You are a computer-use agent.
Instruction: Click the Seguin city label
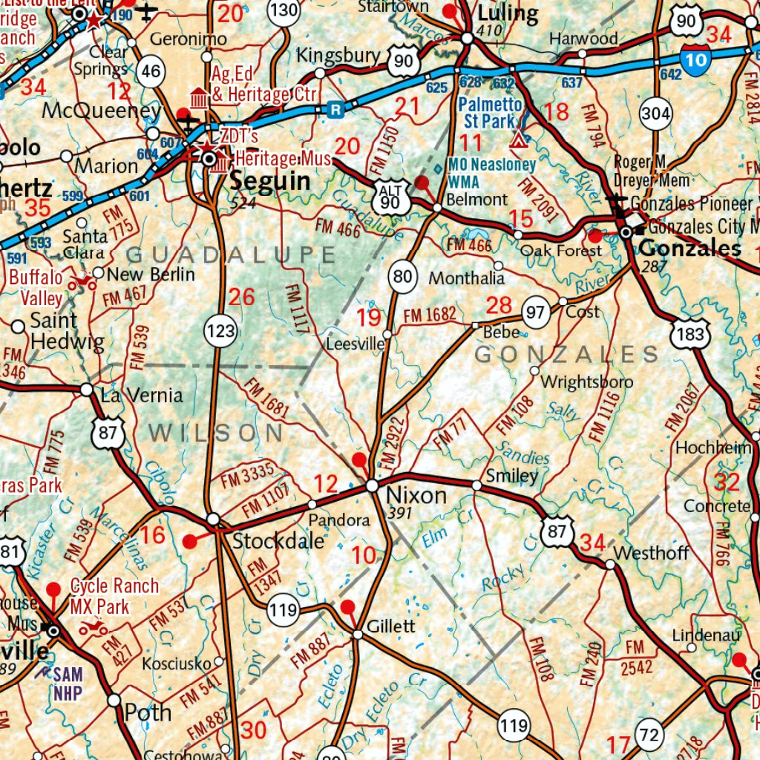click(269, 181)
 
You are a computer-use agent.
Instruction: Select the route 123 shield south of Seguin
click(221, 331)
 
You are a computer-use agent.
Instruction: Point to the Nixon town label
click(416, 495)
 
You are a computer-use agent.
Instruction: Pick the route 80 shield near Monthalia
click(402, 278)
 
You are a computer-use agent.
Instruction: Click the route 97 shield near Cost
click(535, 312)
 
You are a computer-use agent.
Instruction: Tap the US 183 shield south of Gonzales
click(690, 334)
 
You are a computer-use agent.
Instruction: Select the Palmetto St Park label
click(490, 113)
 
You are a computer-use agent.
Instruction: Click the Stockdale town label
click(278, 541)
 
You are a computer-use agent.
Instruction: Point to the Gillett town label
click(392, 626)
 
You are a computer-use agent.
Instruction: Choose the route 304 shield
click(655, 114)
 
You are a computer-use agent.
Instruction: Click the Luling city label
click(508, 13)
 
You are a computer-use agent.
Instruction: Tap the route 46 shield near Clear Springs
click(151, 71)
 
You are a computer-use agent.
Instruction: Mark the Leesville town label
click(356, 344)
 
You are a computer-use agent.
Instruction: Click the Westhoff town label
click(652, 553)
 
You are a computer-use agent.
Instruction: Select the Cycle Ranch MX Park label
click(114, 596)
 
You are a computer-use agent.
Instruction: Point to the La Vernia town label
click(141, 395)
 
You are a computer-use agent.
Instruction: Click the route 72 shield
click(649, 736)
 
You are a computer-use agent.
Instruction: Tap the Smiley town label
click(511, 475)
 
